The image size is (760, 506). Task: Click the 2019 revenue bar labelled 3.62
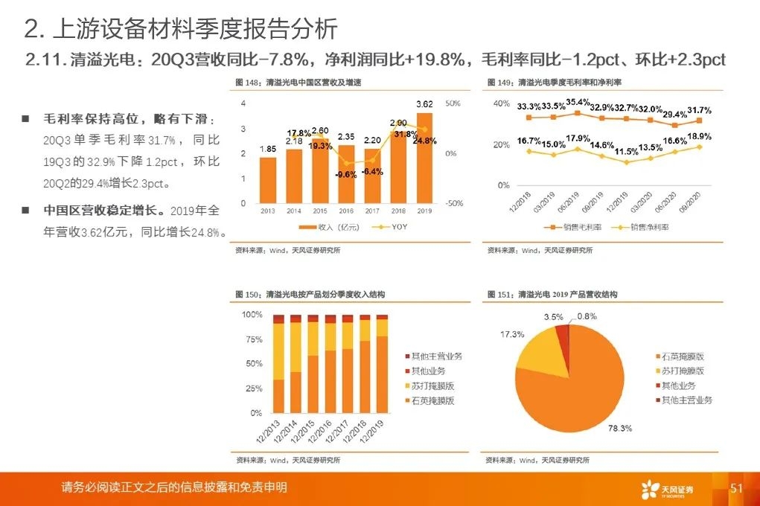(424, 158)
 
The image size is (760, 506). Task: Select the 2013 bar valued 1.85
(268, 180)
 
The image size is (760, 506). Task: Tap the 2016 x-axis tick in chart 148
(346, 211)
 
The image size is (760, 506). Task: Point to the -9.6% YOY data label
(347, 176)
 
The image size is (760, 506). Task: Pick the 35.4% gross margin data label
(578, 102)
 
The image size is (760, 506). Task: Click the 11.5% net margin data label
(627, 151)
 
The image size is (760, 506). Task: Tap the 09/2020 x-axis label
(693, 202)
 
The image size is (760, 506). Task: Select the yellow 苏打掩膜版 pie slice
(540, 350)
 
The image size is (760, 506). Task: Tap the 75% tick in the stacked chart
(253, 340)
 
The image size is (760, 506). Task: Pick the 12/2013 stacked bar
(279, 365)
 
